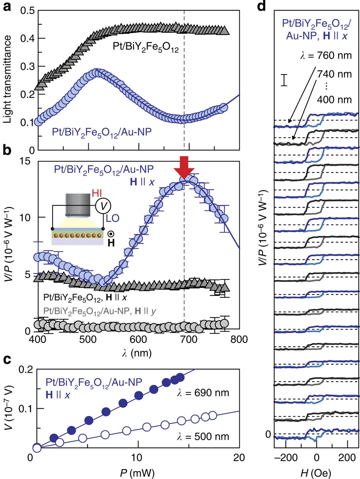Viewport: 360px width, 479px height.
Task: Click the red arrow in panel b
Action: click(x=185, y=167)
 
